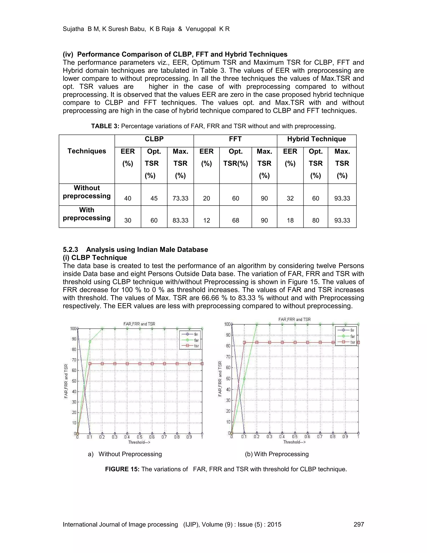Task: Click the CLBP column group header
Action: pyautogui.click(x=154, y=139)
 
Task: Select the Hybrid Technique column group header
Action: pyautogui.click(x=316, y=139)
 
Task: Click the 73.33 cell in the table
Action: pyautogui.click(x=180, y=198)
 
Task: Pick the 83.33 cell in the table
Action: pyautogui.click(x=180, y=220)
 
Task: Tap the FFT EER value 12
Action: pyautogui.click(x=206, y=220)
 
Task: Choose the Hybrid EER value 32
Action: pyautogui.click(x=290, y=198)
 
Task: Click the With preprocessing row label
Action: pyautogui.click(x=87, y=214)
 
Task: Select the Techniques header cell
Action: pyautogui.click(x=87, y=151)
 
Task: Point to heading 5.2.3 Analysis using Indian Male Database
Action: pyautogui.click(x=135, y=249)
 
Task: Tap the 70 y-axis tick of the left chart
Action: pyautogui.click(x=74, y=360)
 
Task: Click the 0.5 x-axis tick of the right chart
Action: pyautogui.click(x=295, y=437)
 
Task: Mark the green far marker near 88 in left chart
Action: pyautogui.click(x=90, y=342)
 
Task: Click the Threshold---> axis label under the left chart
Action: pyautogui.click(x=139, y=442)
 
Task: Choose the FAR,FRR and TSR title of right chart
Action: pyautogui.click(x=294, y=319)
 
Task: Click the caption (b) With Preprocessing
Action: pyautogui.click(x=277, y=454)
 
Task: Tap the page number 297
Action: pyautogui.click(x=359, y=524)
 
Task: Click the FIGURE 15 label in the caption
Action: pyautogui.click(x=122, y=469)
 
